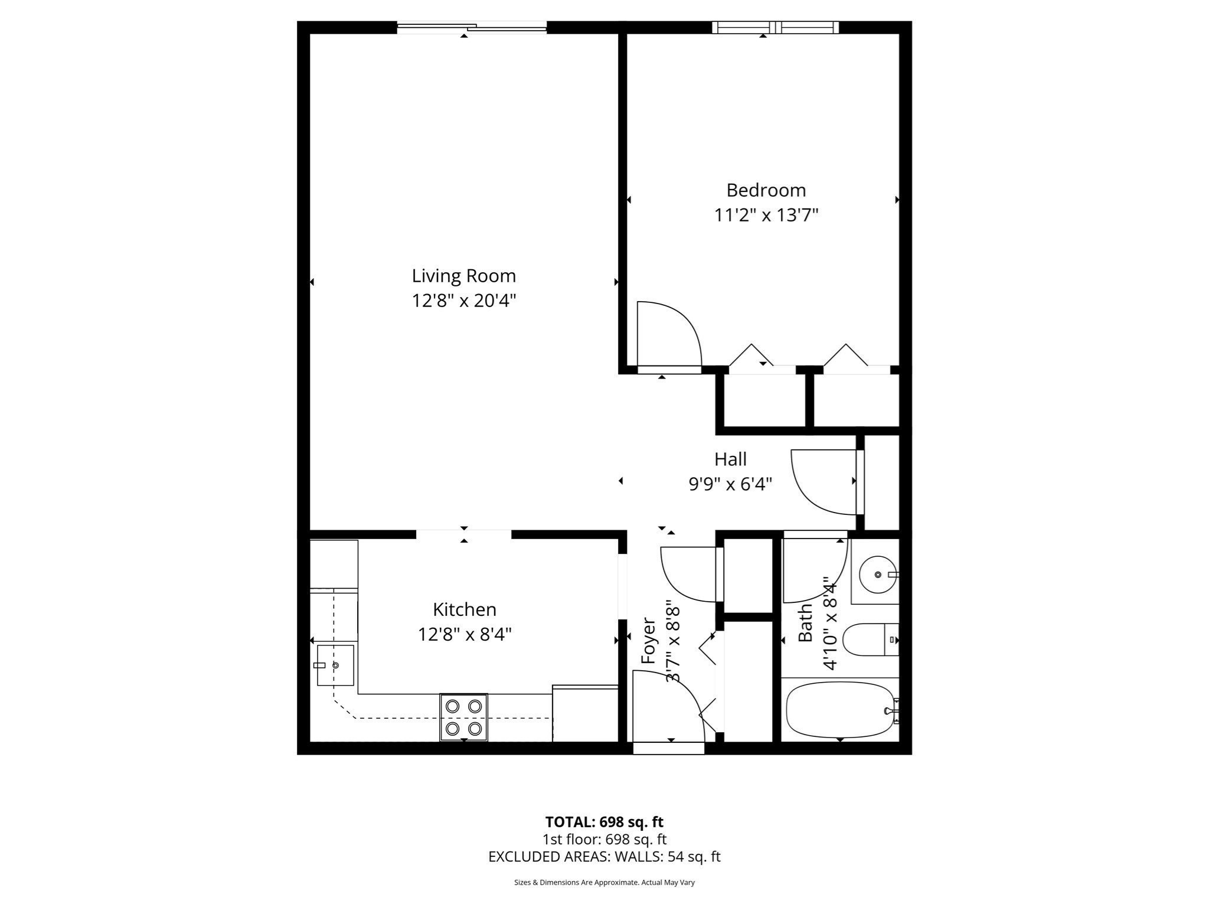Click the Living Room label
tap(463, 276)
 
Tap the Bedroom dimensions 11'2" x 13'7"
tap(766, 216)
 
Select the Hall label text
tap(730, 459)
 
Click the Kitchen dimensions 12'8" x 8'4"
tap(464, 634)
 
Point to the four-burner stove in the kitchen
tap(463, 717)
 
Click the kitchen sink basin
tap(335, 665)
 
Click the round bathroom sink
tap(878, 574)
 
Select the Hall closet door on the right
tap(823, 481)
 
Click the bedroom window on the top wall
tap(775, 27)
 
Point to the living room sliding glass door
tap(472, 27)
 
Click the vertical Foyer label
tap(648, 641)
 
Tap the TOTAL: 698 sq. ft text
tap(604, 821)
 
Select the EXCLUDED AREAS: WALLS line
tap(604, 856)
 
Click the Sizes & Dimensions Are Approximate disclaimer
tap(604, 882)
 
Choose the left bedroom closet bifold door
tap(751, 355)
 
